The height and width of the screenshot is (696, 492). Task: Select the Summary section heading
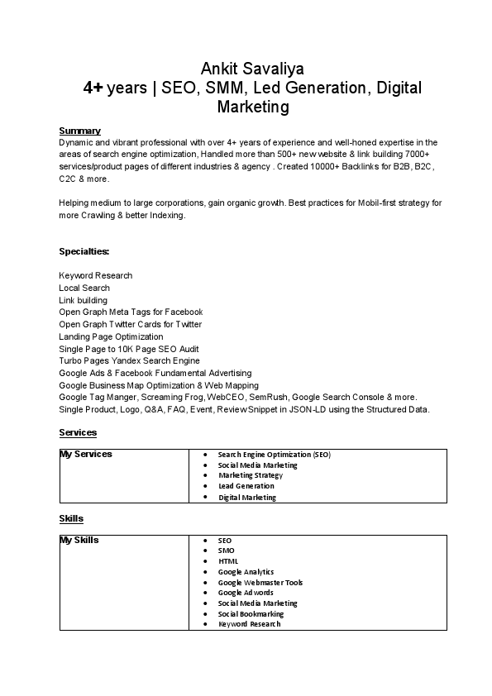tap(79, 131)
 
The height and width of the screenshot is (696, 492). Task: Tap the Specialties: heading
tap(84, 250)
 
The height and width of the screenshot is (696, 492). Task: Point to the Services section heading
tap(78, 432)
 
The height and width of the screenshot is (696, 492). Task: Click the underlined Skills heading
tap(71, 518)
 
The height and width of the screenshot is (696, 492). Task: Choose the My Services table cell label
tap(86, 454)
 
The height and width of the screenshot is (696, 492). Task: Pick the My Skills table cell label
tap(79, 540)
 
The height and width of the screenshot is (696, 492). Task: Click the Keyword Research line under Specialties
tap(95, 275)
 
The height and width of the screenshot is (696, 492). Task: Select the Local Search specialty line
tap(84, 288)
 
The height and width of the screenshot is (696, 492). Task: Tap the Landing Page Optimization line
tap(111, 336)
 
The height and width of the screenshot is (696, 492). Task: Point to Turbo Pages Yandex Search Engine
tap(129, 360)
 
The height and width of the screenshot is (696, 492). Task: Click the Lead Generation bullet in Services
tap(246, 486)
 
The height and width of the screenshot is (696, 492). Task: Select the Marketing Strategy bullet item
tap(251, 475)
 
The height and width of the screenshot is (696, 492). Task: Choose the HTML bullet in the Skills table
tap(228, 561)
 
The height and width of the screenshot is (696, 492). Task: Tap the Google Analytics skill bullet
tap(246, 572)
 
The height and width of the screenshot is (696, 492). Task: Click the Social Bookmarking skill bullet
tap(251, 614)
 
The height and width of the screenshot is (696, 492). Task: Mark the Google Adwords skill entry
tap(246, 593)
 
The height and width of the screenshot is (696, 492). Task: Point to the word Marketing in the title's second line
tap(253, 107)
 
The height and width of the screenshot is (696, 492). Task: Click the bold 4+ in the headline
tap(93, 88)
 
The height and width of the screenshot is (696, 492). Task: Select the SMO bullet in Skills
tap(227, 551)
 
